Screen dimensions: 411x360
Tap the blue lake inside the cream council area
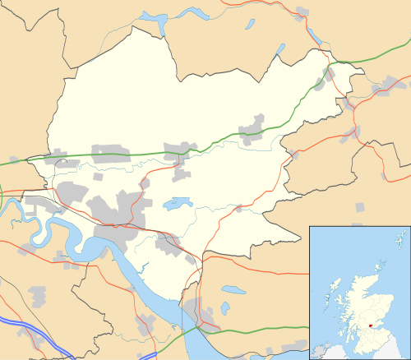tap(178, 202)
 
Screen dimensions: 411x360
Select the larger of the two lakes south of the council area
tap(233, 290)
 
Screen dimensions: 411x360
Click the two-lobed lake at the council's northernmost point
tap(153, 17)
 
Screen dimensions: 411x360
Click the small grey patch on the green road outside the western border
tap(14, 160)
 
